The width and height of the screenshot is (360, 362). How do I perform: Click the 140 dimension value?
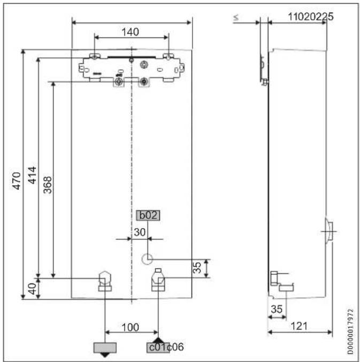pos(131,32)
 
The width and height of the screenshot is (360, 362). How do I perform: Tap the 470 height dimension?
pos(17,181)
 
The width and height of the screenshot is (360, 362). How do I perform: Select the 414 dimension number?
pos(32,175)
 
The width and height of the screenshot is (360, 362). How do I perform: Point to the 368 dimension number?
pos(48,185)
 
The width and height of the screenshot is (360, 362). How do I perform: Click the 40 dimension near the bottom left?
pos(33,289)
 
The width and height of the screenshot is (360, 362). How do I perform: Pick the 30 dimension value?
pos(140,232)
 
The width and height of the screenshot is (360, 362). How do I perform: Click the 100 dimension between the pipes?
pos(131,327)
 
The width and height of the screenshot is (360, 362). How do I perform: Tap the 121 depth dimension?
pos(299,326)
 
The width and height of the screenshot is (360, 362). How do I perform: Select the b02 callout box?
pos(148,215)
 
